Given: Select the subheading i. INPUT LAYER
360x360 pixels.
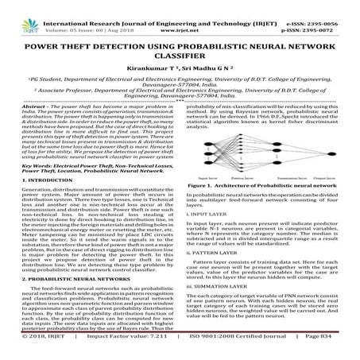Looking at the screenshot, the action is [x=204, y=214].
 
